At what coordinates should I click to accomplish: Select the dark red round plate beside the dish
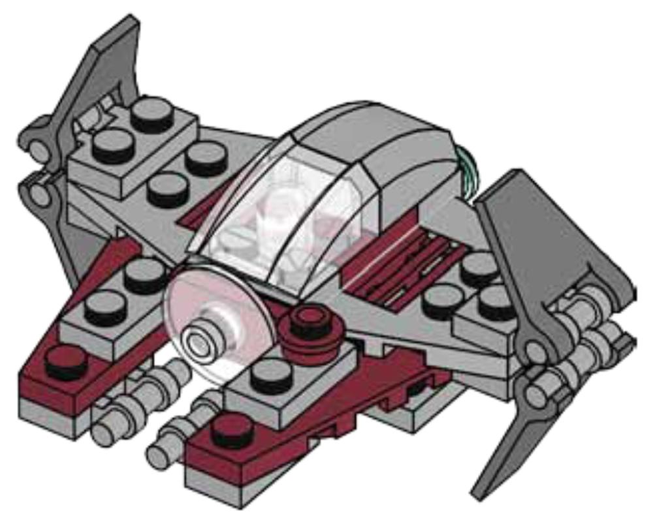point(314,324)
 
